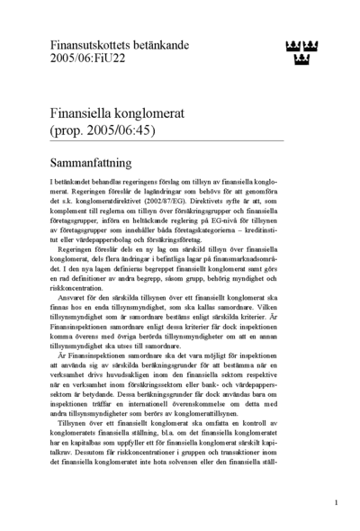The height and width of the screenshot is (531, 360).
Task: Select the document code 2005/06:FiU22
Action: [x=87, y=57]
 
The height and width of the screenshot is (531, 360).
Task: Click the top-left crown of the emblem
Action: [x=290, y=45]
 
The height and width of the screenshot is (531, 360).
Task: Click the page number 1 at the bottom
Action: [x=336, y=503]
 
